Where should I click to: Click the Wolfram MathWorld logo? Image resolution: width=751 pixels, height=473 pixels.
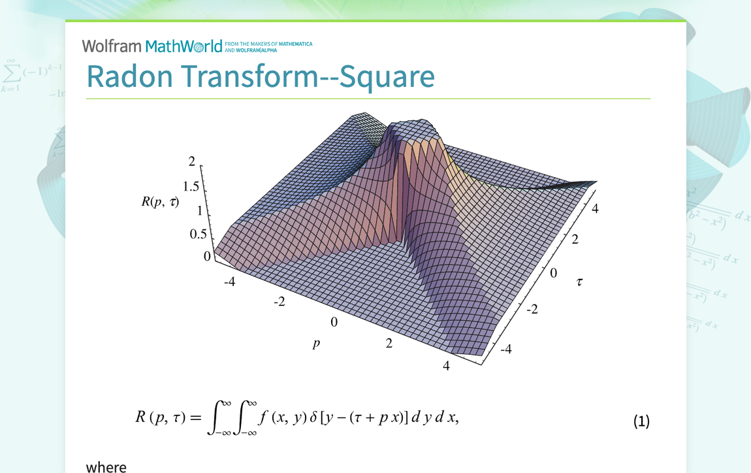[152, 46]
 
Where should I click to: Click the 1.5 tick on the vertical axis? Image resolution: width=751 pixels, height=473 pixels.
[191, 186]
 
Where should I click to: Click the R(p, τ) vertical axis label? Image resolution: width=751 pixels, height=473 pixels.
[160, 202]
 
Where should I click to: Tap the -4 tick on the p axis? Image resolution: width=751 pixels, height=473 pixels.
[229, 282]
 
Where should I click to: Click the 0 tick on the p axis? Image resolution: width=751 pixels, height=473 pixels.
[334, 322]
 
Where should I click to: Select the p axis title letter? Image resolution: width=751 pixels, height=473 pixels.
[317, 344]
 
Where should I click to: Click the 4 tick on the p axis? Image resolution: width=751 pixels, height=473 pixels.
[446, 366]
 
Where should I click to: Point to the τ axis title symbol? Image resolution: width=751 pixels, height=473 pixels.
[579, 282]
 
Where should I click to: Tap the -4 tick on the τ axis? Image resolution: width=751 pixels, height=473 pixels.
[505, 349]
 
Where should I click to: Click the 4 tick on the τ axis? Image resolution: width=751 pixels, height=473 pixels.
[595, 208]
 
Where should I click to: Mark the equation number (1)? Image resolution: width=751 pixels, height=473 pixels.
[641, 421]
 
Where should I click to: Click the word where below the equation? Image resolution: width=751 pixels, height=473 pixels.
[106, 466]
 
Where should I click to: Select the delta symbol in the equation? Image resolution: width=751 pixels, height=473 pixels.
[313, 417]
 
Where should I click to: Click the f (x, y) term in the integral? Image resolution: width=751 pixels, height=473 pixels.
[280, 417]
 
